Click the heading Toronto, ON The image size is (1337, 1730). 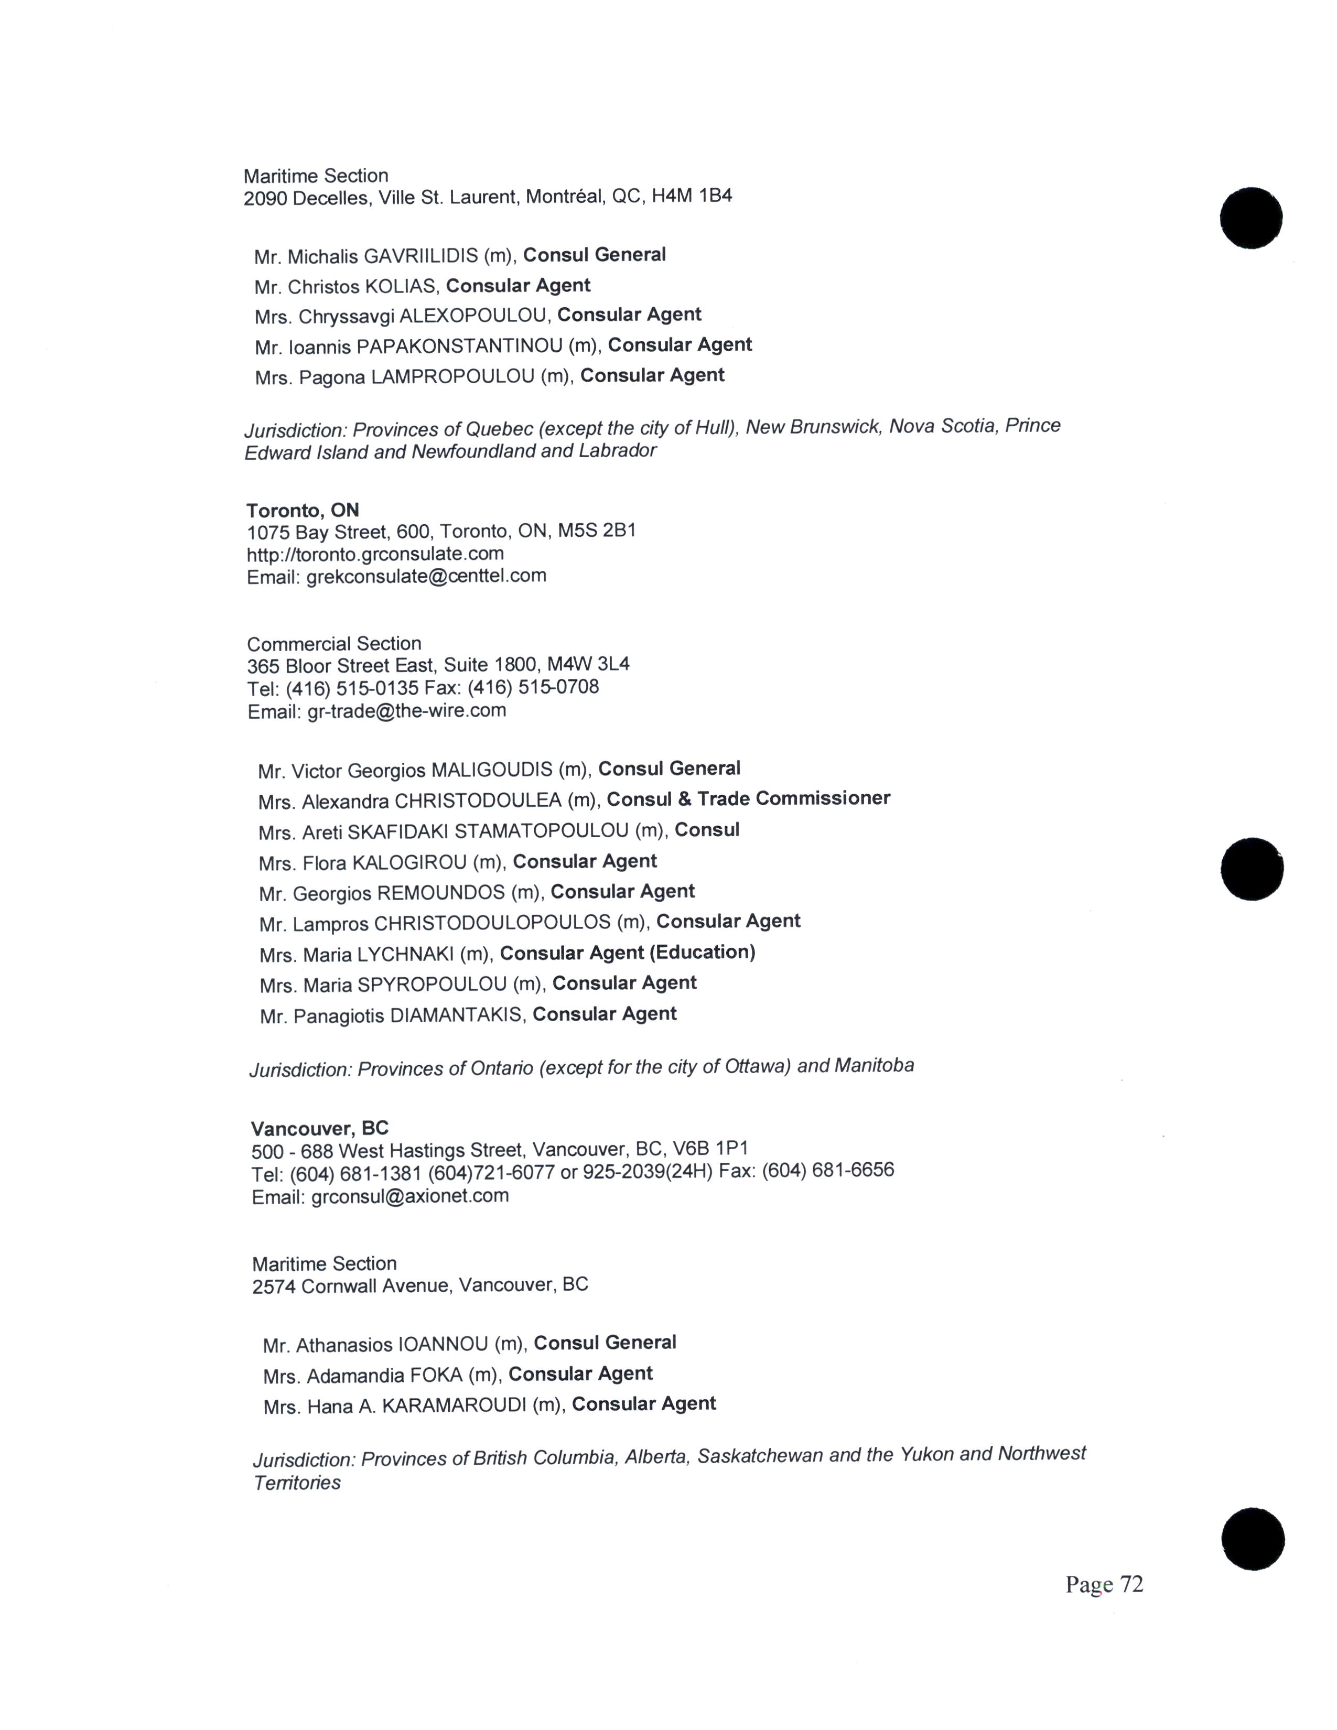303,510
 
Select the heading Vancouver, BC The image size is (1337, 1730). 320,1129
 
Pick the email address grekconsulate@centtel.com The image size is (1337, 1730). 426,576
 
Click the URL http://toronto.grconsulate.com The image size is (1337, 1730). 375,554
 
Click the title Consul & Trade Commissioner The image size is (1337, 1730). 749,798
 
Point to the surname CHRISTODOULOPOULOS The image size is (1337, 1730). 492,923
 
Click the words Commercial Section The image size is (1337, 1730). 335,643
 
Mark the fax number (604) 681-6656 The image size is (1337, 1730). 828,1170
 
